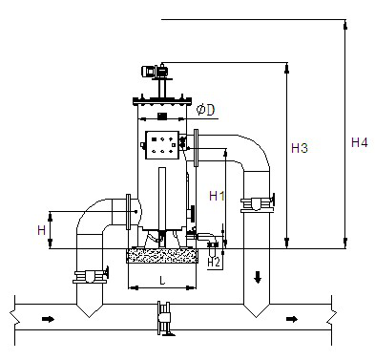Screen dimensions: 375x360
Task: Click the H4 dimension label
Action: [x=360, y=142]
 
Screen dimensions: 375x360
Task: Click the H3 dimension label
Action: [x=300, y=148]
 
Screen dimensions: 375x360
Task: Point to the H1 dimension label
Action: [x=217, y=196]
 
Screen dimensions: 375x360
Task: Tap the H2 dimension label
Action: [x=214, y=263]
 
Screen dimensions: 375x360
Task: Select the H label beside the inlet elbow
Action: [x=42, y=230]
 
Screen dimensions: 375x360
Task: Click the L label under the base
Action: [x=162, y=281]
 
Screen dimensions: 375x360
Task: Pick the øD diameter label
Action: [x=205, y=110]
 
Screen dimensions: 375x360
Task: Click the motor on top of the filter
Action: [x=155, y=71]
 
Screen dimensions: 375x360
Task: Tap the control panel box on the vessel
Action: [x=162, y=145]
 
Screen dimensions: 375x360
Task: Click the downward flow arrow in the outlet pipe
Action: [x=258, y=278]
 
